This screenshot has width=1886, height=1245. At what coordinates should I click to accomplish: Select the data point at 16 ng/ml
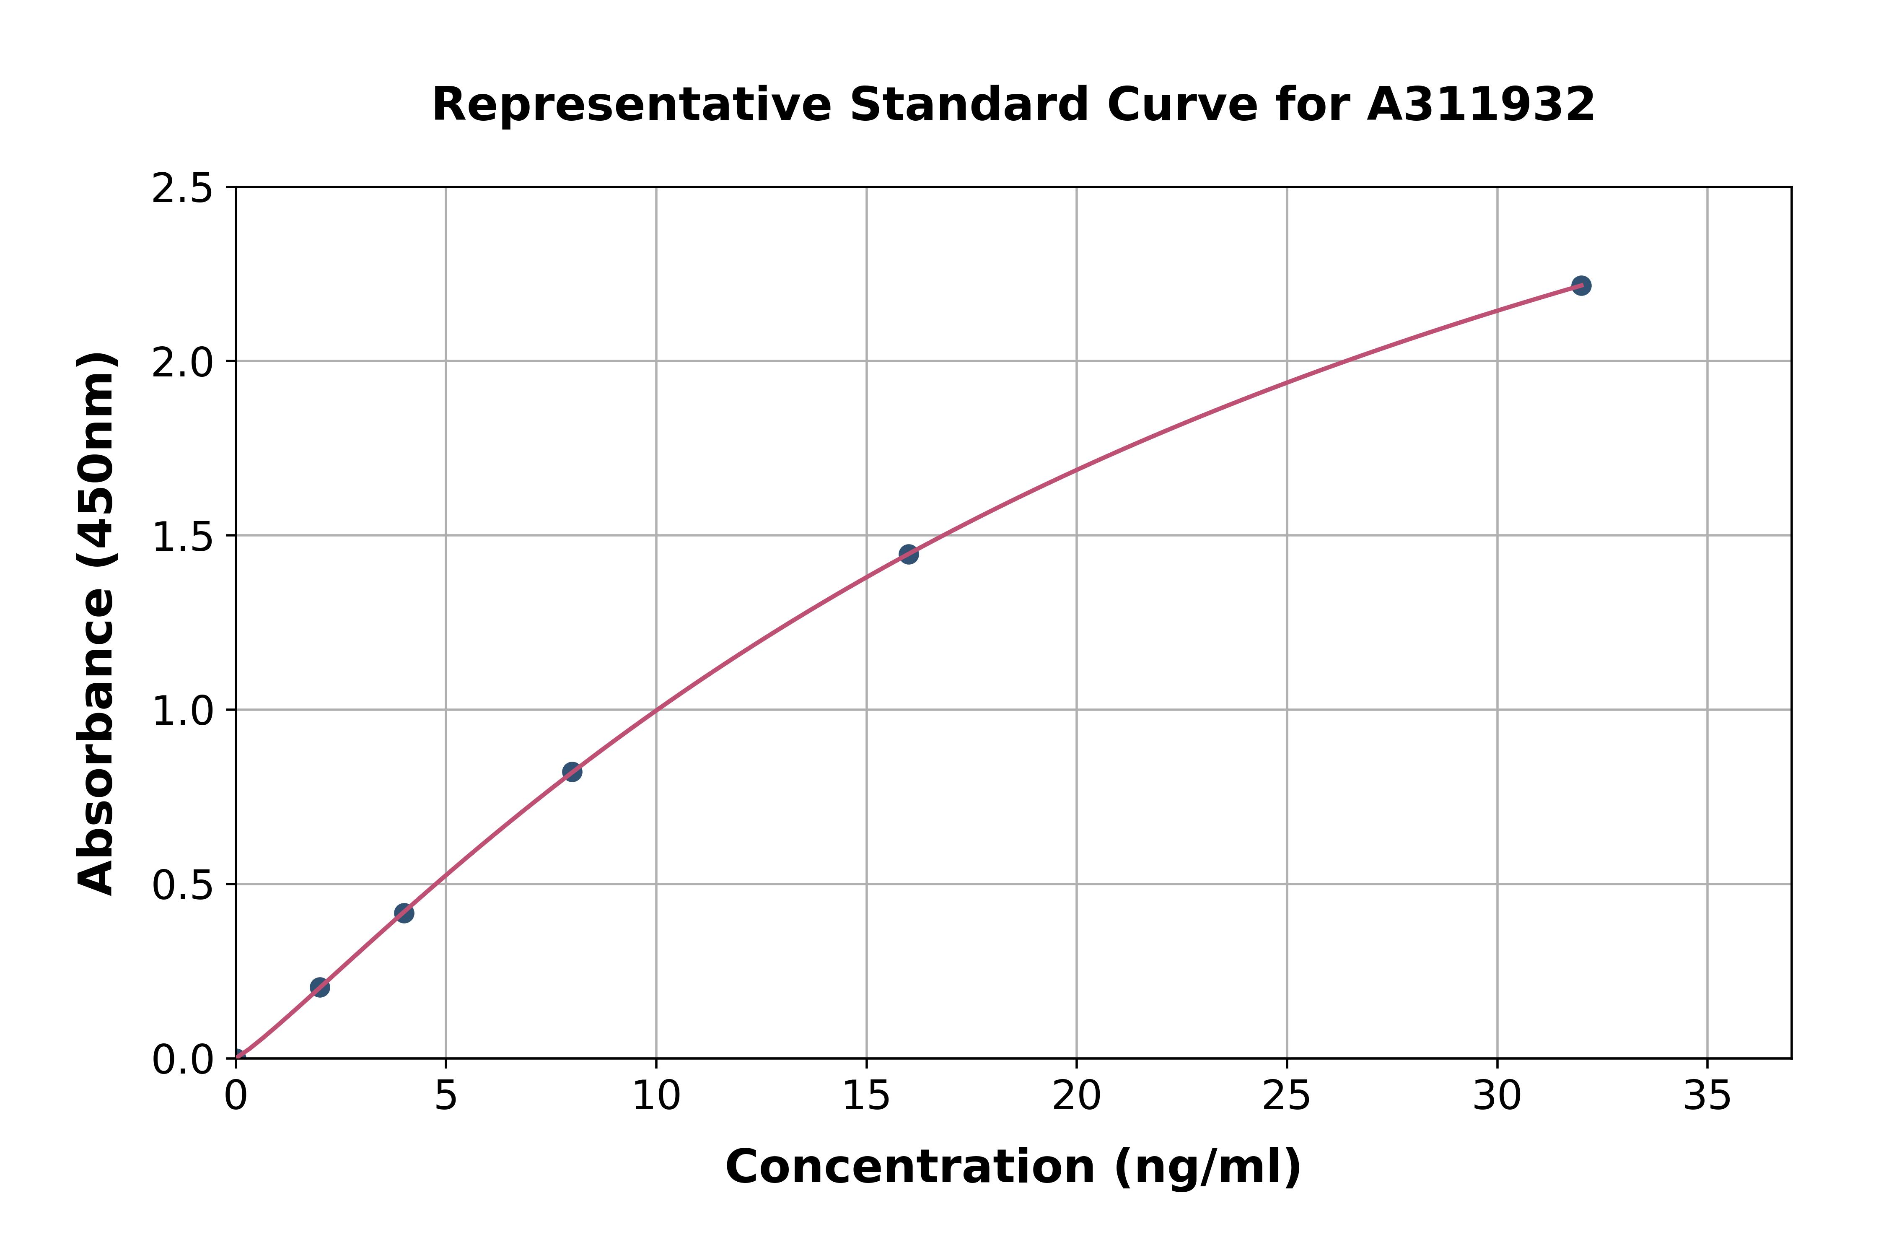[909, 554]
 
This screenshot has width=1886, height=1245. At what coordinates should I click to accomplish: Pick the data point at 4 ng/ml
[404, 913]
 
